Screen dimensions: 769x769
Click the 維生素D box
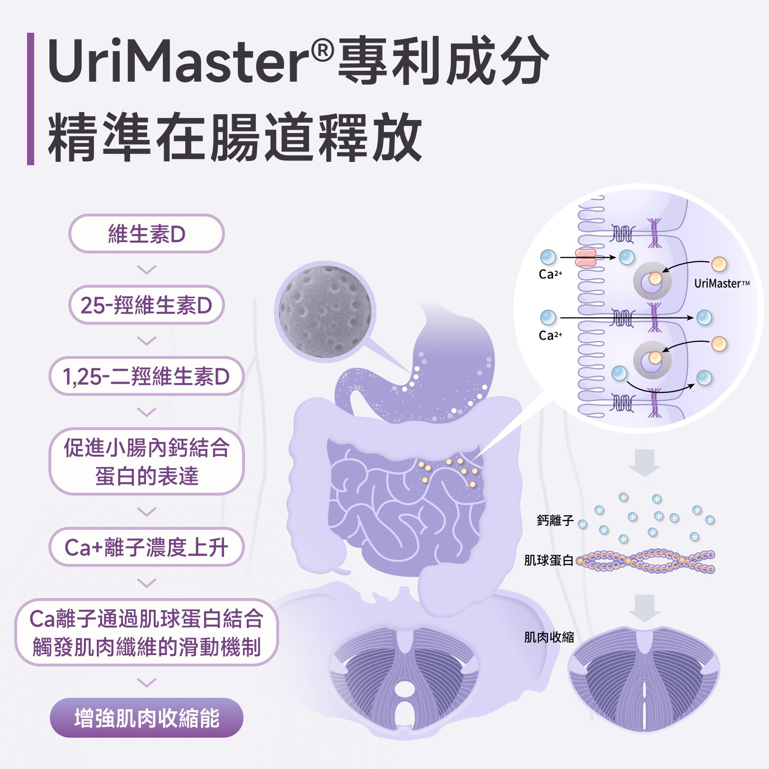pos(146,234)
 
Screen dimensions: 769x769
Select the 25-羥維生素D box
pos(146,305)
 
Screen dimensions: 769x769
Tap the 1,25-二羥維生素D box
pos(146,376)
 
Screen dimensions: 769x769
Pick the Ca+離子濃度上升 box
pos(146,547)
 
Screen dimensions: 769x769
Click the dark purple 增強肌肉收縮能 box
pos(146,718)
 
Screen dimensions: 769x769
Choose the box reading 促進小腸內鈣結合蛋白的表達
pos(146,461)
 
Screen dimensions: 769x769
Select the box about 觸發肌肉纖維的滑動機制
pos(146,632)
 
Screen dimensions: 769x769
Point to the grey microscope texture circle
pos(325,311)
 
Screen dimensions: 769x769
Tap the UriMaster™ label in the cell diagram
pos(722,284)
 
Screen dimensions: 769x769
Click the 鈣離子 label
pos(555,521)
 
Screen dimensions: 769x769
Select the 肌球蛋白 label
pos(548,561)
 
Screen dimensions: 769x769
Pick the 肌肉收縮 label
pos(548,638)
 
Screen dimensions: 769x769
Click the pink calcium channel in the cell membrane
pos(586,258)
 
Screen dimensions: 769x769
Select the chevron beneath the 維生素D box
pos(146,270)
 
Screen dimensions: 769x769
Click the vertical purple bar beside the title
pos(31,99)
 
